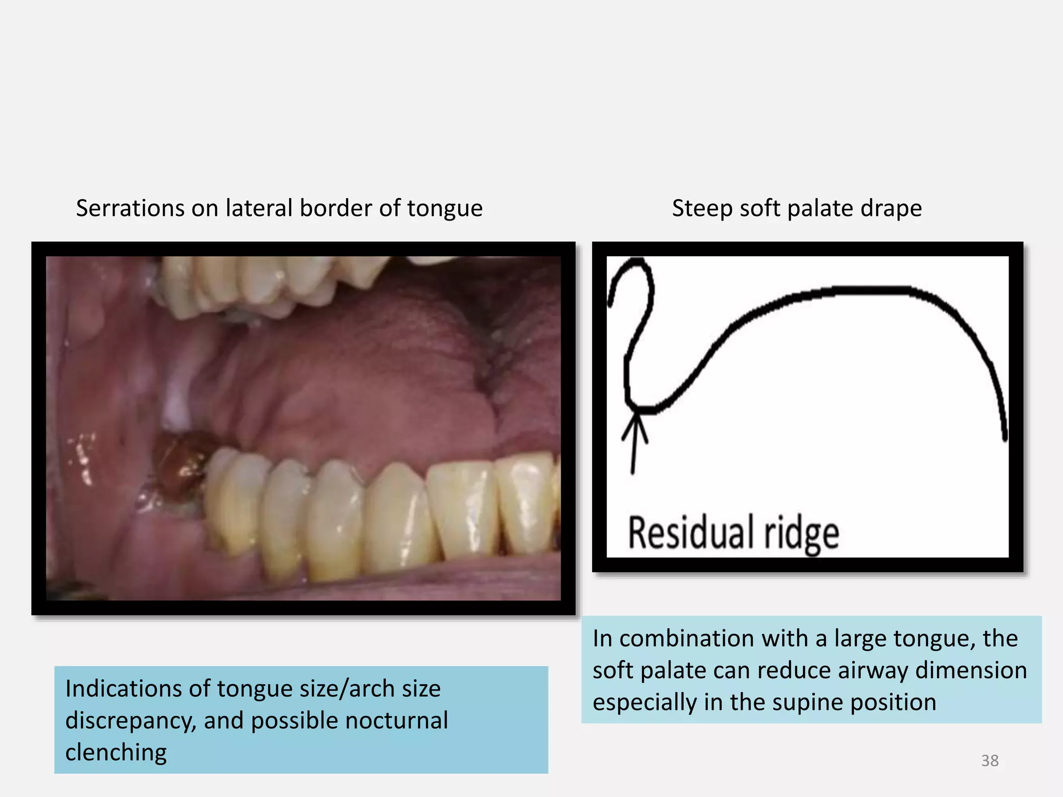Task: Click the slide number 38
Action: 989,760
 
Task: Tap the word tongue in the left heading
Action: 445,209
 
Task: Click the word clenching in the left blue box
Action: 116,752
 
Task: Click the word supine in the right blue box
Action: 809,703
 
